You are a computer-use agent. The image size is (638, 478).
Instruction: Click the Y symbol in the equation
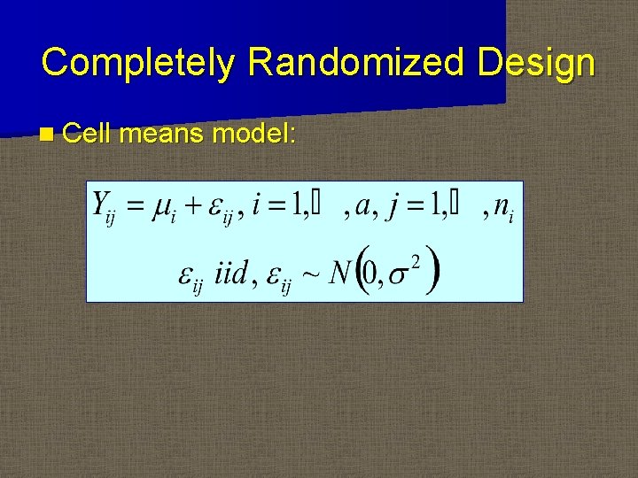click(x=100, y=206)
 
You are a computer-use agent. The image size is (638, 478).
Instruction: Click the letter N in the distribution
click(x=338, y=272)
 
